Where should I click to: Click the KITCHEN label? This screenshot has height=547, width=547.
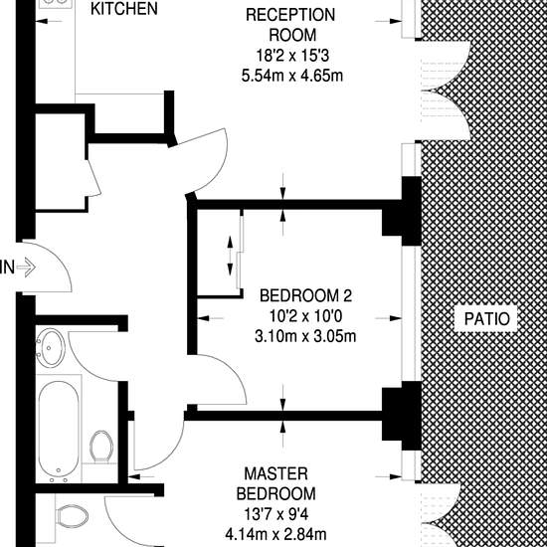click(124, 9)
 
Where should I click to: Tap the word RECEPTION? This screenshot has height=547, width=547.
click(290, 15)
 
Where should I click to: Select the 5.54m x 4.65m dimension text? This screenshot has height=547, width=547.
click(292, 76)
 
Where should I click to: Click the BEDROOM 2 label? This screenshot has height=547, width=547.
click(305, 295)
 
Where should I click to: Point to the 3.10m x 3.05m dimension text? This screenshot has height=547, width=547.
click(305, 336)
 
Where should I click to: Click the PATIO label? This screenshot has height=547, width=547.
click(486, 319)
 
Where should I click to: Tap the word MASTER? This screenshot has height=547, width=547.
click(275, 473)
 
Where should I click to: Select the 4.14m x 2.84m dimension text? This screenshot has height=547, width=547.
click(275, 534)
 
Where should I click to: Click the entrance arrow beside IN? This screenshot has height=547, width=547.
click(26, 268)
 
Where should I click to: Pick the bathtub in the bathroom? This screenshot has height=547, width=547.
click(59, 429)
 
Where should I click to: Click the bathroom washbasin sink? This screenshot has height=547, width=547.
click(51, 348)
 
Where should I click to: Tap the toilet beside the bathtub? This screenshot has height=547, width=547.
click(101, 447)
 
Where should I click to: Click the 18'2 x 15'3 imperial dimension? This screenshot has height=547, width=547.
click(292, 56)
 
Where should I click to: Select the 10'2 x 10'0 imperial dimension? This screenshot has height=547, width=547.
click(305, 316)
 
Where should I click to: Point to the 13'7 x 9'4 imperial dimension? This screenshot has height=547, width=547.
click(275, 514)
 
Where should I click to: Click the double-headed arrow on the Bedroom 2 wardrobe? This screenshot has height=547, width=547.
click(230, 256)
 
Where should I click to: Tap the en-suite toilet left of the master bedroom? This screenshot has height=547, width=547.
click(73, 516)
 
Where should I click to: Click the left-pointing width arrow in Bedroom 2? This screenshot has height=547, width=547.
click(211, 318)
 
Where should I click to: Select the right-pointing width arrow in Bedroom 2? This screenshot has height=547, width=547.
click(388, 318)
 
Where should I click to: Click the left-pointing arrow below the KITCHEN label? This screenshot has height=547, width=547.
click(49, 21)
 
